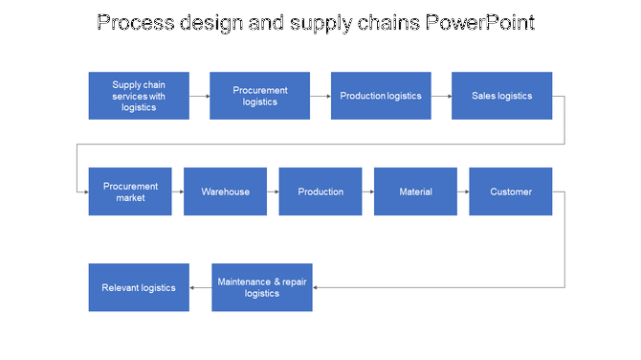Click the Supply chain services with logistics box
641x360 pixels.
tap(139, 96)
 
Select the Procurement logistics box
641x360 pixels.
tap(259, 96)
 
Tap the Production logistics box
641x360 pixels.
tap(381, 96)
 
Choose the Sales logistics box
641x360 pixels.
tap(501, 96)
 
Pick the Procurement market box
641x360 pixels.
tap(130, 191)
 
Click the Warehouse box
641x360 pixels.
tap(225, 191)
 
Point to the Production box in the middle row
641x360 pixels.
tap(320, 191)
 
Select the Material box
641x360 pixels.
tap(415, 191)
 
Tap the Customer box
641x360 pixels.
tap(511, 191)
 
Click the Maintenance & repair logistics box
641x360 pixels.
tap(261, 287)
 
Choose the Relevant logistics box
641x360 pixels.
tap(139, 287)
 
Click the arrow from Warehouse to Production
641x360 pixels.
tap(273, 191)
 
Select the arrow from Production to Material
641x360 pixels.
tap(367, 191)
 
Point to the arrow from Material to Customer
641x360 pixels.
tap(463, 191)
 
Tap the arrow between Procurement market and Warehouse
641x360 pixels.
tap(178, 191)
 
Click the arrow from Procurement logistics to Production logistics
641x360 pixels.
tap(320, 96)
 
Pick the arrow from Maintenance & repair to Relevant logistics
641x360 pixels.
tap(201, 287)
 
